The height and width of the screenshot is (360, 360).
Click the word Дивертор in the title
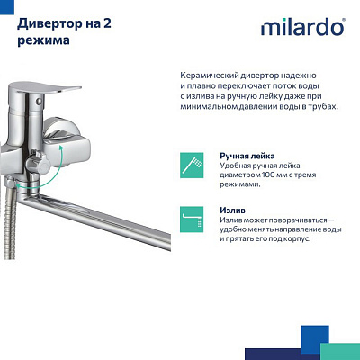click(x=46, y=22)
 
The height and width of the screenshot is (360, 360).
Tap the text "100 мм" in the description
click(x=273, y=175)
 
